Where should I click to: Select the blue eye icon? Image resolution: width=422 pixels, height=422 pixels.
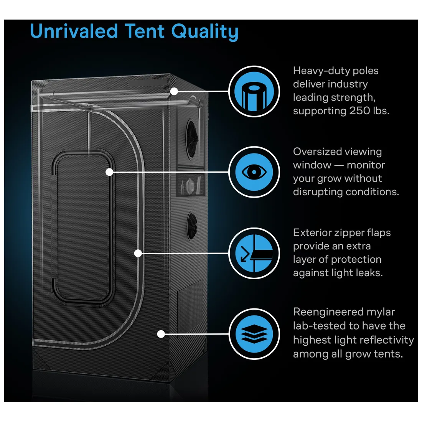[x=254, y=172]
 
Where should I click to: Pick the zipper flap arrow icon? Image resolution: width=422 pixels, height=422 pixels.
[x=254, y=253]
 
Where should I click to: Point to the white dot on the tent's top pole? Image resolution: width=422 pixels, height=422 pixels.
[x=174, y=91]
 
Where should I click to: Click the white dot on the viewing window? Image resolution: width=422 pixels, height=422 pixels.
[x=110, y=172]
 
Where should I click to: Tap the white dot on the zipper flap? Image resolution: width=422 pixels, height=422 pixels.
[x=138, y=253]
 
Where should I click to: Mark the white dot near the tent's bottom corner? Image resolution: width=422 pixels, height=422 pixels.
[x=161, y=334]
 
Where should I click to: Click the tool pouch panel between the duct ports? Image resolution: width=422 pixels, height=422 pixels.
[x=191, y=185]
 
